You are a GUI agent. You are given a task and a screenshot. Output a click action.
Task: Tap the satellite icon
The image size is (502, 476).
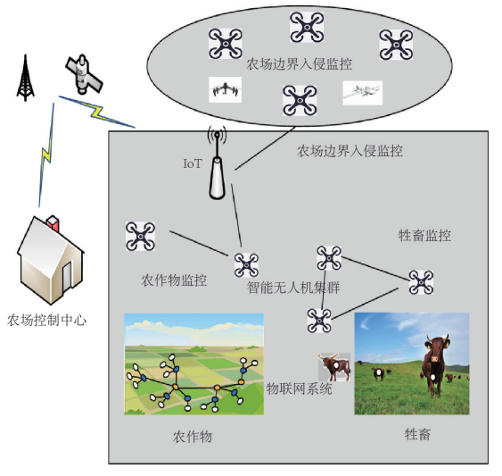tap(84, 74)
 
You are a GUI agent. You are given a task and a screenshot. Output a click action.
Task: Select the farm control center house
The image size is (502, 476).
tap(51, 260)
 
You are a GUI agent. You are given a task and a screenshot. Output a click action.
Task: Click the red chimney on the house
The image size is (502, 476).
tap(53, 224)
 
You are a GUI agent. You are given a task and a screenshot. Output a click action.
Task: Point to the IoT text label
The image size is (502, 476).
tap(193, 163)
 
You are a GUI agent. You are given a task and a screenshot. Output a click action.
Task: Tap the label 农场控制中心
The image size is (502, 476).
tap(46, 320)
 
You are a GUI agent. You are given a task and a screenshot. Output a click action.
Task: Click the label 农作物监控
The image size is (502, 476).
tap(174, 280)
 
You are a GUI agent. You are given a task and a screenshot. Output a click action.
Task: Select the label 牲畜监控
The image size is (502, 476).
tap(424, 236)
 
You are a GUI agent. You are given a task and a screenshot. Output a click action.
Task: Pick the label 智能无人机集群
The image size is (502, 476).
tap(293, 288)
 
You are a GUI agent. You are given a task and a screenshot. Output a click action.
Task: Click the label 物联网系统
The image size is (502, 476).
tap(299, 388)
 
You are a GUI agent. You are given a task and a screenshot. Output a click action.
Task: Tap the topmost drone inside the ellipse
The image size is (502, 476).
tap(307, 28)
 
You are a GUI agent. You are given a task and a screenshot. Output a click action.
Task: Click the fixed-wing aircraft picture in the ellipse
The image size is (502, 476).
tap(362, 93)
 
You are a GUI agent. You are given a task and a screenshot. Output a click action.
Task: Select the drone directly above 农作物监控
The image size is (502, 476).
tap(140, 236)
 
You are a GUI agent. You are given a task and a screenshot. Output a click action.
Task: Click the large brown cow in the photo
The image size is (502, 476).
tap(435, 365)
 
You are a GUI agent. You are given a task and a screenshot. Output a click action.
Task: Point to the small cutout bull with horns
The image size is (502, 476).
tap(334, 367)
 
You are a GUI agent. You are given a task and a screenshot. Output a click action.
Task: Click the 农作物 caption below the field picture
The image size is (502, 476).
tap(193, 437)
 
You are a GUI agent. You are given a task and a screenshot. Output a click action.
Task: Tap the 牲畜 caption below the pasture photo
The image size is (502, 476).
tap(417, 434)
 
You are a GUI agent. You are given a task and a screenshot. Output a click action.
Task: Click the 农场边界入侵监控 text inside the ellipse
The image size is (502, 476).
tap(299, 64)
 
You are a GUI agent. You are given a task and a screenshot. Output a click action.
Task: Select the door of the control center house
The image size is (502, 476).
tap(67, 277)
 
